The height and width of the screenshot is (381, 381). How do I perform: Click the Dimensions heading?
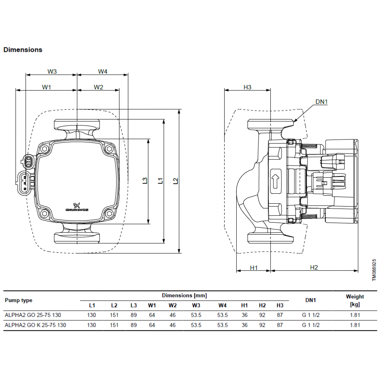(23, 50)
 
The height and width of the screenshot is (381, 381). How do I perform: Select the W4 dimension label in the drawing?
(103, 71)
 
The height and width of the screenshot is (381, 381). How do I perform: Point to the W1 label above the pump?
(47, 87)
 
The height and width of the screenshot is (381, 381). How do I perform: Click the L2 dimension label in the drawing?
(175, 181)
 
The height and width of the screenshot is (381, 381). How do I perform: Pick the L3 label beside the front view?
(145, 181)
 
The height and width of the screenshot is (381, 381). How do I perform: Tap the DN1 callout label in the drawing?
(321, 101)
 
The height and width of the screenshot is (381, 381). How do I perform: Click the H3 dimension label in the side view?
(247, 87)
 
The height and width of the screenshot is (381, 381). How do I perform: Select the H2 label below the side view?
(314, 268)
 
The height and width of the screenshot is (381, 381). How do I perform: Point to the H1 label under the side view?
(253, 268)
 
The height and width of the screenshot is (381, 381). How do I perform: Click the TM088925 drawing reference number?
(374, 270)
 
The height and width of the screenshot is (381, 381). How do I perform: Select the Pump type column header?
(18, 300)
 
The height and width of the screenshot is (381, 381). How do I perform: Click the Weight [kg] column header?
(355, 300)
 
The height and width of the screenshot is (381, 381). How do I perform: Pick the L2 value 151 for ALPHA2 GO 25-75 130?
(114, 315)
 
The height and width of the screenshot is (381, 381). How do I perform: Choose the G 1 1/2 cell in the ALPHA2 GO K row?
(311, 325)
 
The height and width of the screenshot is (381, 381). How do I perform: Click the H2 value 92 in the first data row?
(262, 315)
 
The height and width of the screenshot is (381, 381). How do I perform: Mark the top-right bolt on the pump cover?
(109, 149)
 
